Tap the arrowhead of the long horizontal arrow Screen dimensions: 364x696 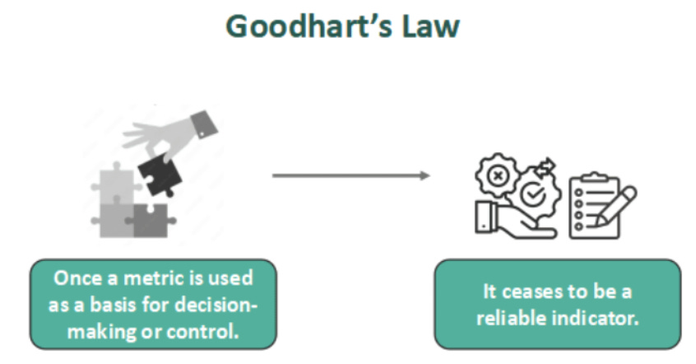pyautogui.click(x=425, y=175)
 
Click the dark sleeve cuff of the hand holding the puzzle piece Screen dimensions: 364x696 pyautogui.click(x=205, y=124)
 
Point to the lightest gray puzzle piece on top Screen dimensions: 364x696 pyautogui.click(x=111, y=186)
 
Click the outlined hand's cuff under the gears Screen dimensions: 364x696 pyautogui.click(x=483, y=218)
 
